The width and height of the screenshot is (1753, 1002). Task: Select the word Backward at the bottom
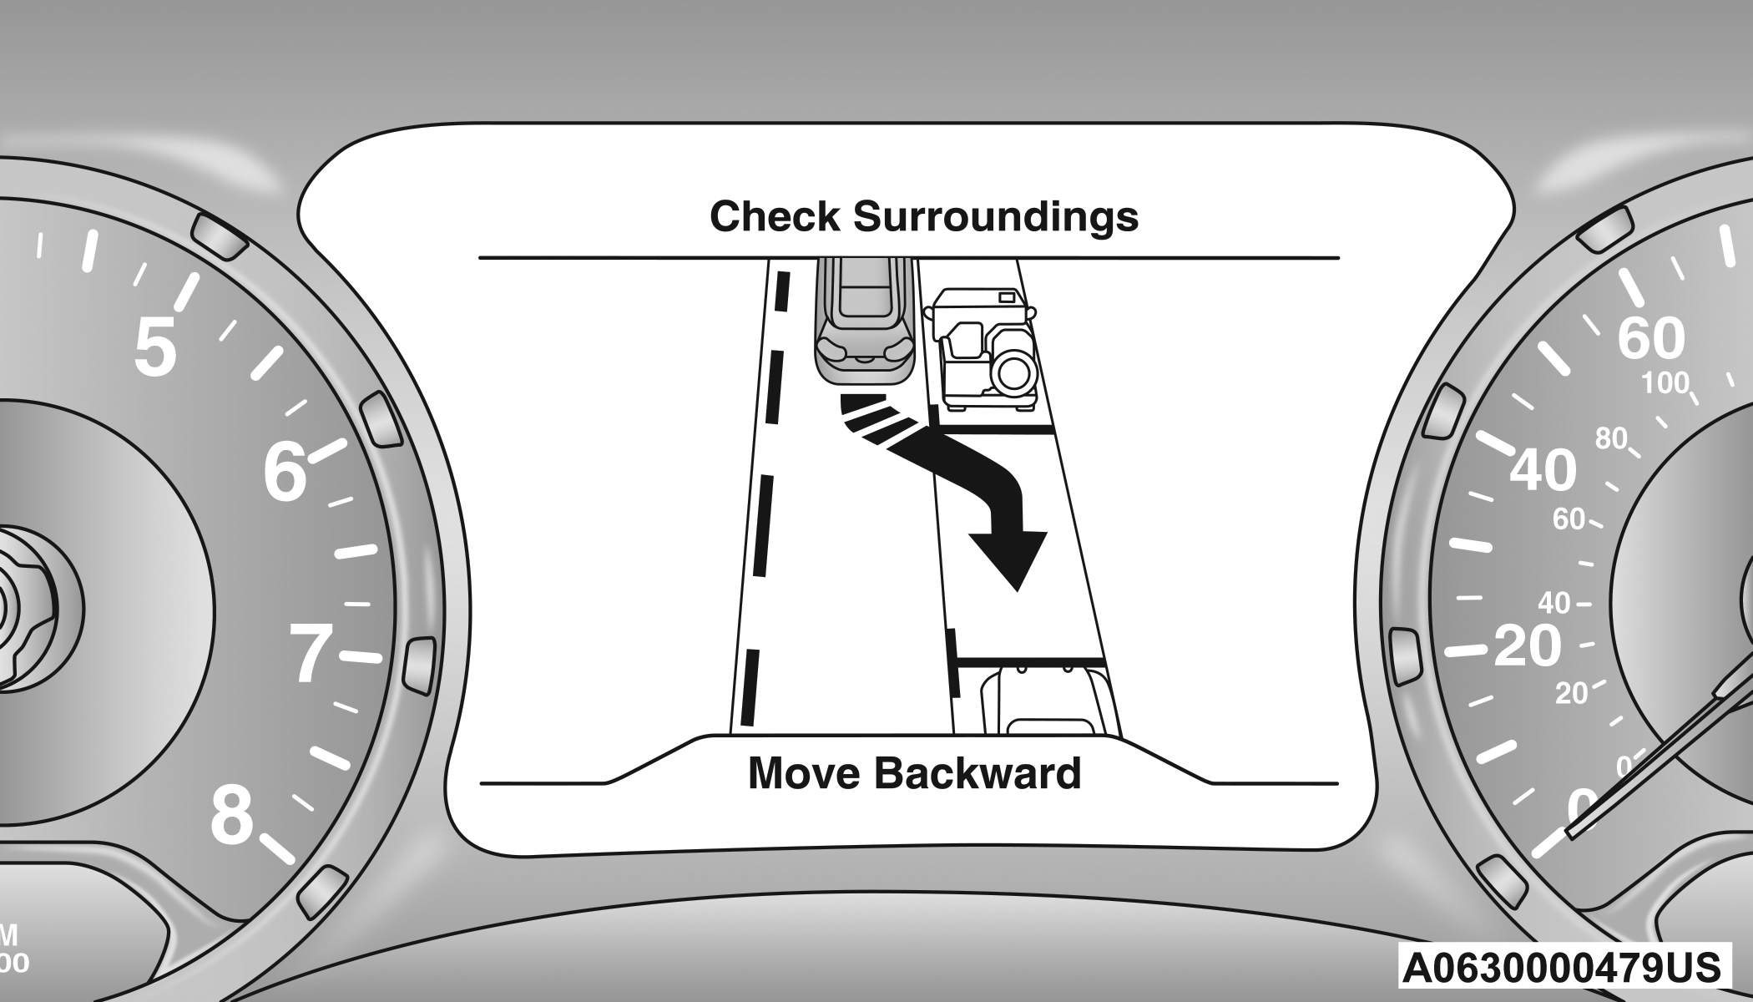coord(978,773)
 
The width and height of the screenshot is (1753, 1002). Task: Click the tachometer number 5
coord(155,347)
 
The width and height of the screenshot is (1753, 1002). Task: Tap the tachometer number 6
coord(285,472)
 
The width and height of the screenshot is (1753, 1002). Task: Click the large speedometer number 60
coord(1651,338)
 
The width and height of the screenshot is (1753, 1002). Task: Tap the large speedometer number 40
coord(1543,470)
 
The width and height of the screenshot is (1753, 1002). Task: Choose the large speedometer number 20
coord(1527,645)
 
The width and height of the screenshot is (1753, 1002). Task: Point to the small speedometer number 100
coord(1665,384)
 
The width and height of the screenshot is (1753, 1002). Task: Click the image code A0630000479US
coord(1561,968)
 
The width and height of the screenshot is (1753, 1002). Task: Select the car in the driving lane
coord(865,321)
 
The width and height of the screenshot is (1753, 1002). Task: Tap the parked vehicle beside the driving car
coord(982,349)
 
